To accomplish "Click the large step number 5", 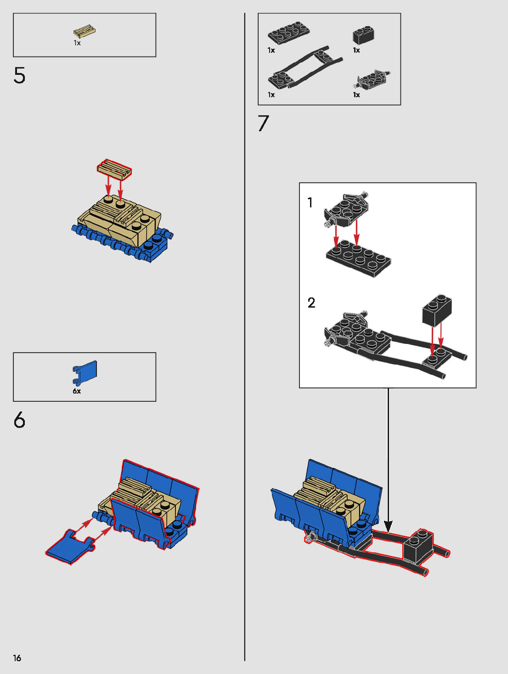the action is click(19, 75).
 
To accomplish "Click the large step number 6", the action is click(19, 420).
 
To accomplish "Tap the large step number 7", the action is click(264, 123).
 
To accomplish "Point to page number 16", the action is click(17, 658).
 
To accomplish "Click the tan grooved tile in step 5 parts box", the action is click(85, 32).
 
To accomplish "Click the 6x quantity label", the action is click(77, 391).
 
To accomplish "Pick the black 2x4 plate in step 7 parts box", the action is click(289, 33).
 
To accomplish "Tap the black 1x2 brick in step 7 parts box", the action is click(363, 35).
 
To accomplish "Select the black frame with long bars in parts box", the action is click(305, 67).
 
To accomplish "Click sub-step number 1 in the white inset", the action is click(310, 202).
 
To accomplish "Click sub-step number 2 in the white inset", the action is click(311, 303).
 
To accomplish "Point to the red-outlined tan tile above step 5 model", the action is click(114, 169).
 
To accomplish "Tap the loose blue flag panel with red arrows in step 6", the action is click(70, 547).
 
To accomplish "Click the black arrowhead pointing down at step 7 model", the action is click(388, 527).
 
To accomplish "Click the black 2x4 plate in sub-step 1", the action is click(358, 259).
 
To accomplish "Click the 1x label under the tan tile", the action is click(77, 43).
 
